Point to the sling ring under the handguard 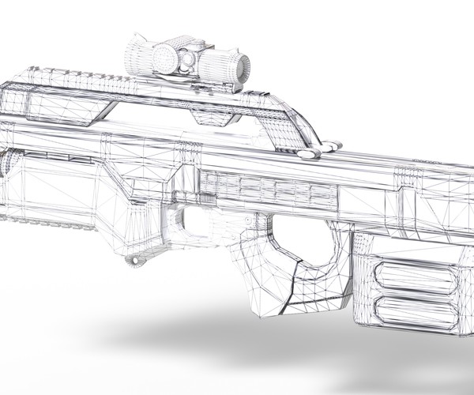pos(140,258)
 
